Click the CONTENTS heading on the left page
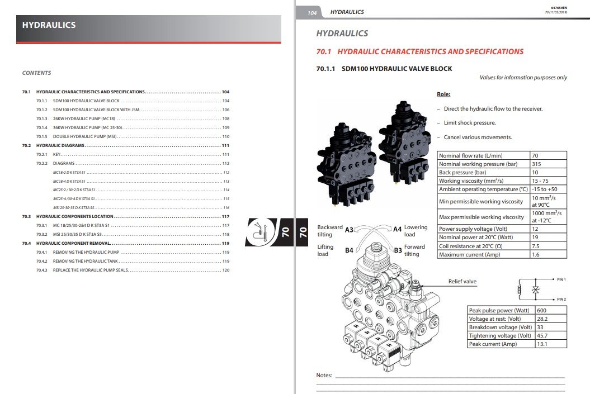click(36, 73)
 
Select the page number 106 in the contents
click(226, 110)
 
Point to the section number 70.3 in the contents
click(26, 216)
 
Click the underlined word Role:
click(443, 94)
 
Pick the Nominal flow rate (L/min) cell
click(471, 155)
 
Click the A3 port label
click(350, 230)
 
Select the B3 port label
click(398, 250)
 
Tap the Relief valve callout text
click(462, 282)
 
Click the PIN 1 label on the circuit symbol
click(562, 279)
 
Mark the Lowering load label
click(416, 231)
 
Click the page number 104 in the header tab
click(312, 12)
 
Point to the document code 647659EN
click(559, 7)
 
